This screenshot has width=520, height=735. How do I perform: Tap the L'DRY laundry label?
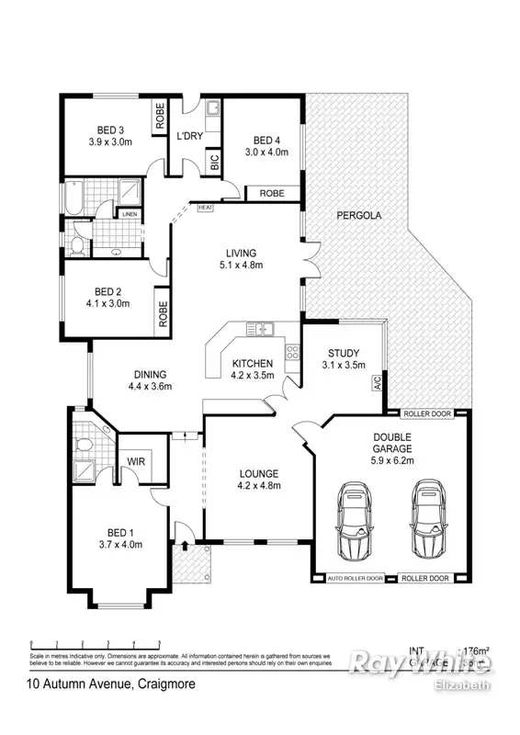pyautogui.click(x=189, y=136)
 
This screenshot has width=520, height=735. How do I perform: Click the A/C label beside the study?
pyautogui.click(x=376, y=382)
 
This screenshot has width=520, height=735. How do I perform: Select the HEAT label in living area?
pyautogui.click(x=206, y=208)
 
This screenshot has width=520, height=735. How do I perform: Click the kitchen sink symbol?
pyautogui.click(x=260, y=328)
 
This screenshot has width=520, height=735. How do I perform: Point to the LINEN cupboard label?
pyautogui.click(x=105, y=214)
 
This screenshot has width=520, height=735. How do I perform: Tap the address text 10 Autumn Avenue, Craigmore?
pyautogui.click(x=110, y=684)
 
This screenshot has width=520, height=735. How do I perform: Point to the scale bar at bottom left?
pyautogui.click(x=95, y=643)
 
